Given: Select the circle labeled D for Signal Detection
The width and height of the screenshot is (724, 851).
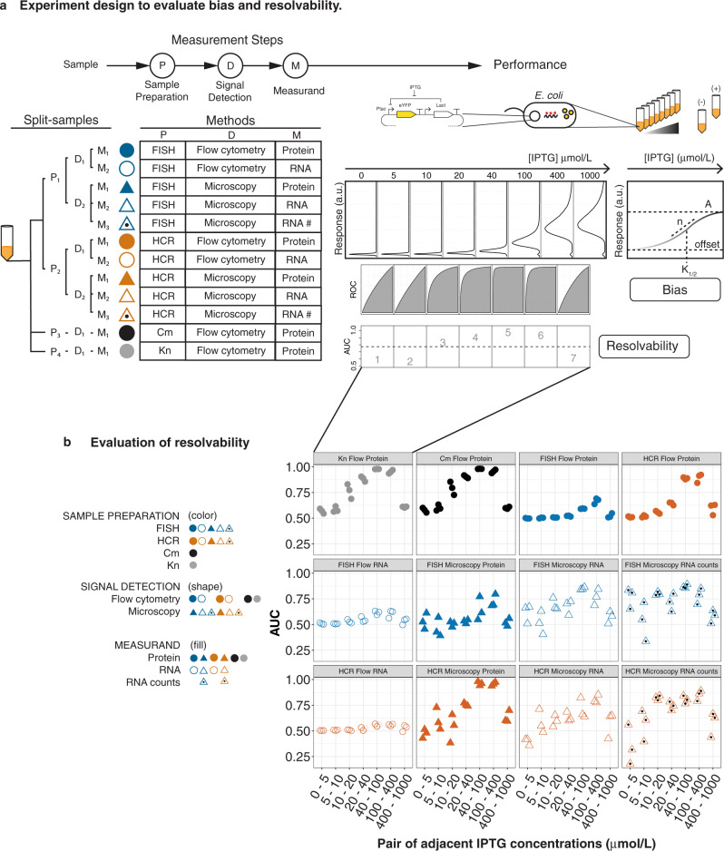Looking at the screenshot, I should pyautogui.click(x=229, y=66).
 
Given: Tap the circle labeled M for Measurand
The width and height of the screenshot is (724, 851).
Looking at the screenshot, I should pyautogui.click(x=294, y=66).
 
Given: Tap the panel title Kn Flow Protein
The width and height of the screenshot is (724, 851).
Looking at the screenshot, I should pyautogui.click(x=361, y=457).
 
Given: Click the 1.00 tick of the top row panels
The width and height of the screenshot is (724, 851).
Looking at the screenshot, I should pyautogui.click(x=297, y=467).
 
